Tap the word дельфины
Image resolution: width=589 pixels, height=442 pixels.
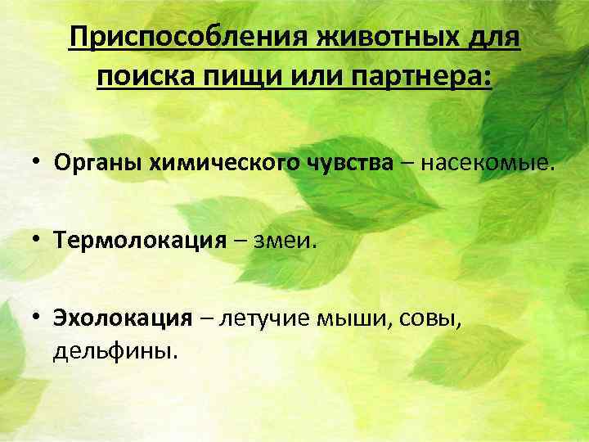114,351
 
